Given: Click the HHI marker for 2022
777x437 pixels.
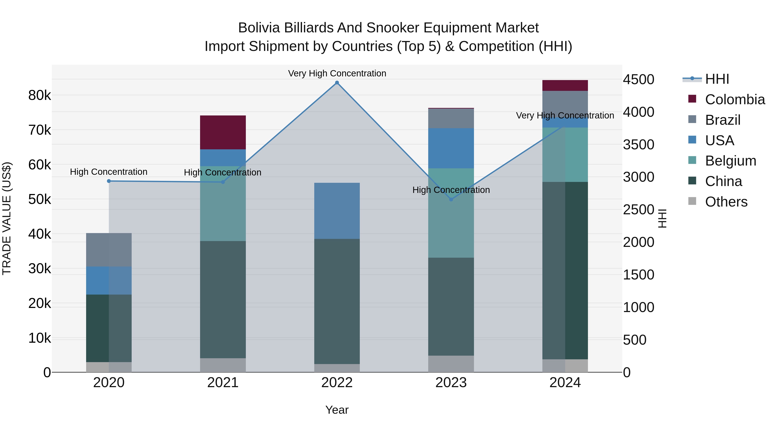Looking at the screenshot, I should tap(337, 83).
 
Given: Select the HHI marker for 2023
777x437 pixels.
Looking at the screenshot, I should tap(451, 199).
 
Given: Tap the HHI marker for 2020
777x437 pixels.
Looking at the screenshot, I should tap(109, 181).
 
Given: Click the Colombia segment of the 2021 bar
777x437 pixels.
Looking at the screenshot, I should tap(223, 133).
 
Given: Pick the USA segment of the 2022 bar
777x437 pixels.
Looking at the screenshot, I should tap(337, 211).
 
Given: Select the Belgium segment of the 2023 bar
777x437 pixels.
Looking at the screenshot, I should tap(451, 213).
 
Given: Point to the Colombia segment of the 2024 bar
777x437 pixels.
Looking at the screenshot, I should tap(565, 85).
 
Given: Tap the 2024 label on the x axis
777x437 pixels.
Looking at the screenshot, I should tap(565, 383).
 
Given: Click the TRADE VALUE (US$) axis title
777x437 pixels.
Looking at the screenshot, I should tap(7, 218).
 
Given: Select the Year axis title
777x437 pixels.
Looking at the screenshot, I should tap(337, 410).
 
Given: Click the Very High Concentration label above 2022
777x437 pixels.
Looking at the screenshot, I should tap(337, 73).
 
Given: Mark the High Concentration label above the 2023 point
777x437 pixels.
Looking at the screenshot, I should tap(451, 190).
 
